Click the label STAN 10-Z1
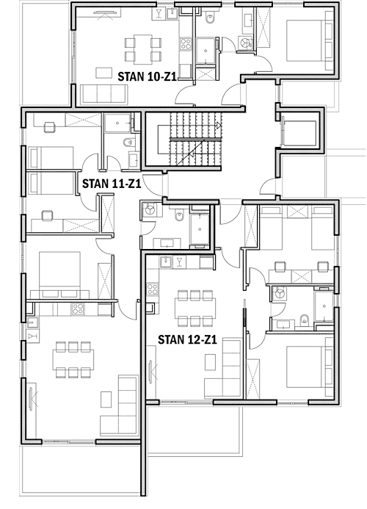tap(147, 77)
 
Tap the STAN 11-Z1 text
tap(112, 184)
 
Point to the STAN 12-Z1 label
tap(187, 340)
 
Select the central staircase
tap(190, 139)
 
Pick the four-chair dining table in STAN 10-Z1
tap(143, 49)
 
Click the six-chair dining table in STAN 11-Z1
tap(73, 359)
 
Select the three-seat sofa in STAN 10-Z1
tap(103, 94)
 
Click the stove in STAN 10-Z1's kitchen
tap(186, 44)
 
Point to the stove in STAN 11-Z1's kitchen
tap(78, 309)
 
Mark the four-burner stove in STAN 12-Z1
tap(152, 289)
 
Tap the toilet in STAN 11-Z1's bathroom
tap(128, 142)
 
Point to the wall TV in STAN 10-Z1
tap(105, 13)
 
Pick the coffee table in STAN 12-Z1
tap(210, 361)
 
